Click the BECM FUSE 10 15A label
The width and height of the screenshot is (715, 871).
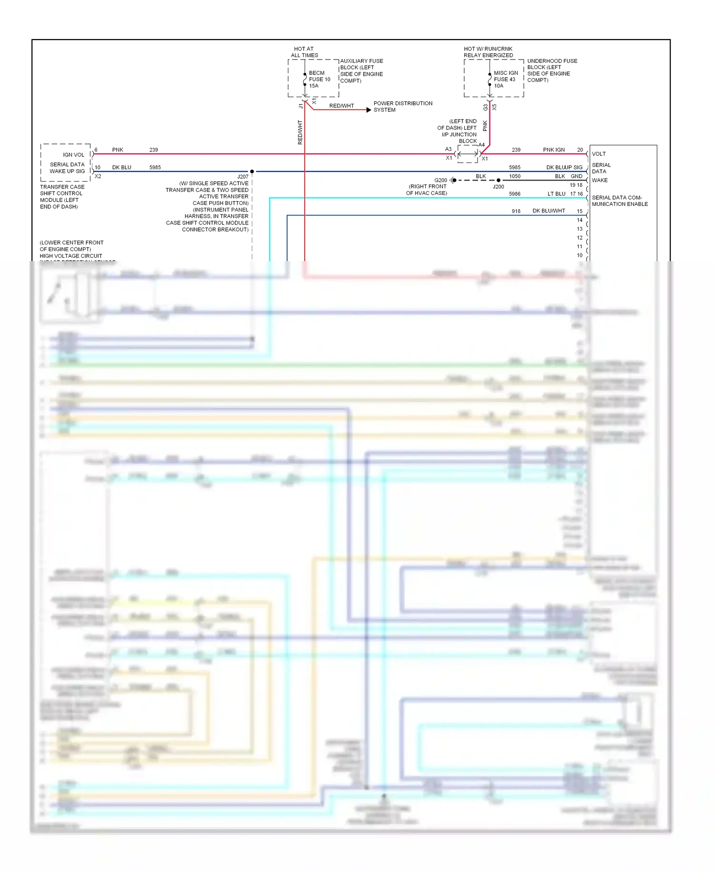click(319, 80)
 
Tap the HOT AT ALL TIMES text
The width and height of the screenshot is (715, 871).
click(304, 52)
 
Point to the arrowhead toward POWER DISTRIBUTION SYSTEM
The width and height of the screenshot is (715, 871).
click(368, 110)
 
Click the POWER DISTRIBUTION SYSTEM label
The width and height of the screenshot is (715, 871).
click(403, 106)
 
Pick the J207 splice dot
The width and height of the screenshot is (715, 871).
click(252, 172)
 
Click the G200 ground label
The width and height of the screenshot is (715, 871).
click(440, 180)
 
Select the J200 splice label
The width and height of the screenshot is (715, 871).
click(498, 187)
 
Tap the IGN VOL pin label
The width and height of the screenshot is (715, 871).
click(73, 155)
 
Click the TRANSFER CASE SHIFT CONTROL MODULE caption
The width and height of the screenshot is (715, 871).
click(62, 197)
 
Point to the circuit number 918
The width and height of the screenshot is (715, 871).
click(516, 211)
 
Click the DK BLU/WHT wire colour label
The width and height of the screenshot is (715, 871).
click(549, 211)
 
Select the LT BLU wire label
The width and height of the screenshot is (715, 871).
click(556, 194)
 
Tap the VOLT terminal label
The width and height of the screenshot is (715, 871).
click(599, 154)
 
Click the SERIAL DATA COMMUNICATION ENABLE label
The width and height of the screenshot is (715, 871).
click(620, 201)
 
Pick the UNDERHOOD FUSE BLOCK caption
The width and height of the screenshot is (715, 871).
click(552, 71)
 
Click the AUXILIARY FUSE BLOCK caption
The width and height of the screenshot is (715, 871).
click(361, 71)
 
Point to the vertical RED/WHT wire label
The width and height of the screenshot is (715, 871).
click(300, 132)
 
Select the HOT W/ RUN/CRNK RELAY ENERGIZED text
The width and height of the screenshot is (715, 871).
click(488, 52)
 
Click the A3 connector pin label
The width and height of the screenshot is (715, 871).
click(448, 149)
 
